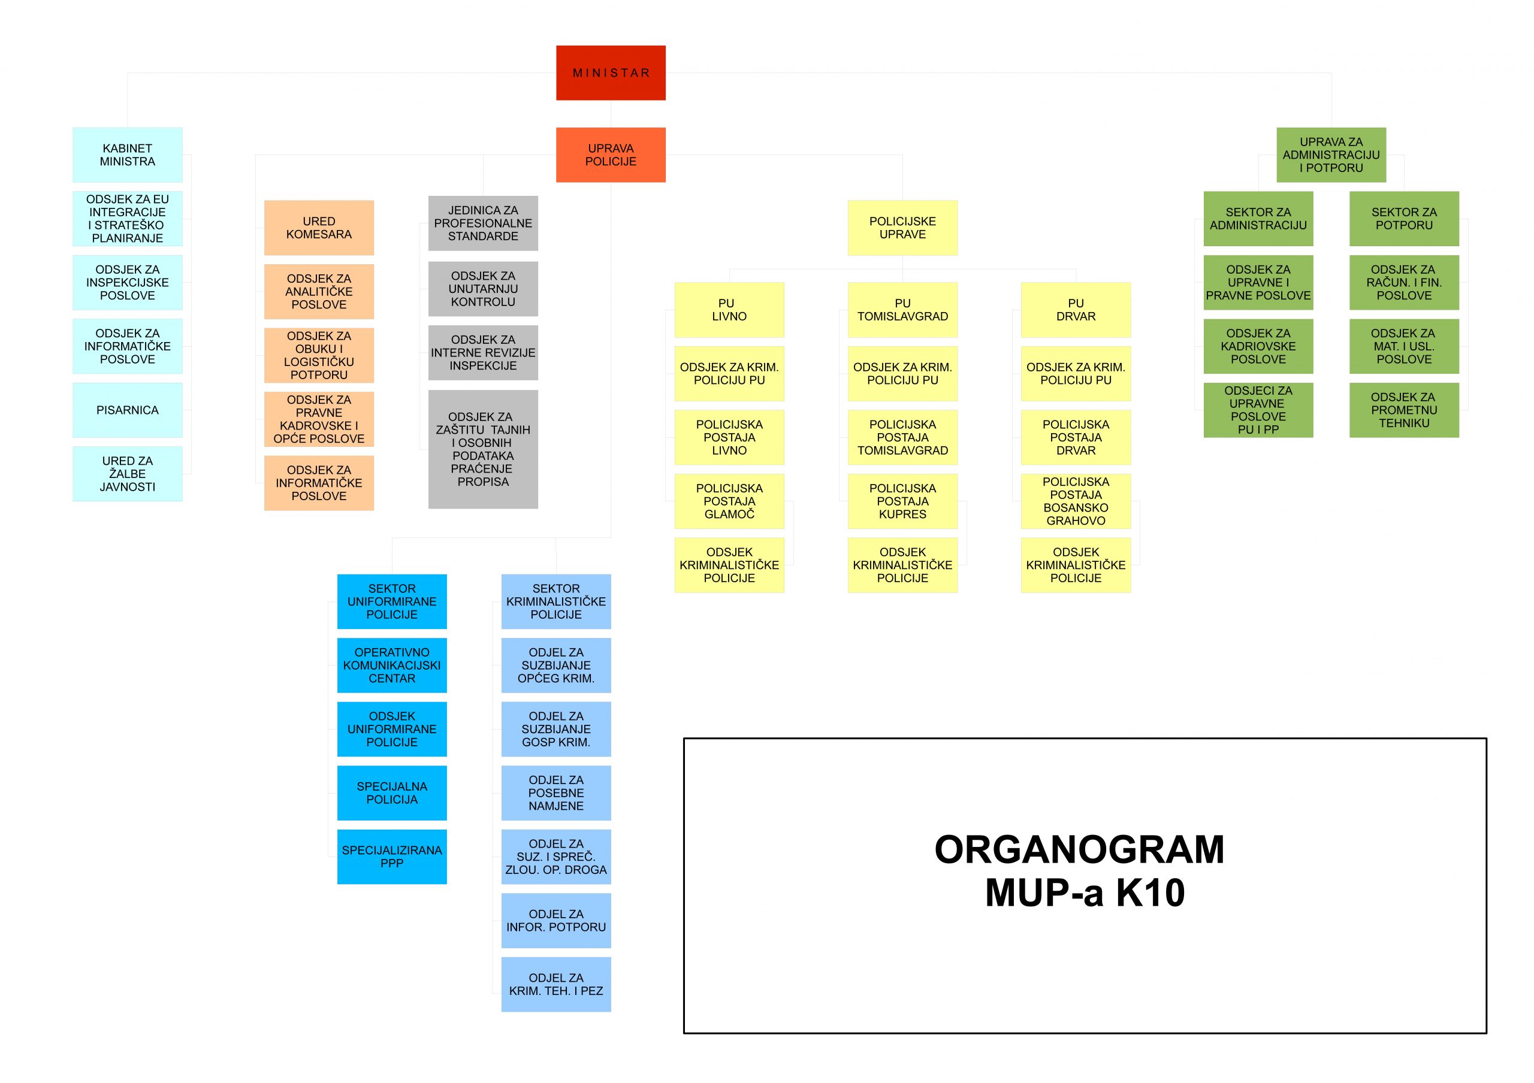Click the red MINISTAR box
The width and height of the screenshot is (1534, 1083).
click(611, 72)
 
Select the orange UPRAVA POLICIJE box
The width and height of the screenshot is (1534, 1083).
click(611, 155)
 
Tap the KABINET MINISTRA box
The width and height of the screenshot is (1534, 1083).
click(127, 155)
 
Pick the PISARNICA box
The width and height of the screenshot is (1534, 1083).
click(127, 410)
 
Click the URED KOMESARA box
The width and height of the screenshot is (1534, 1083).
click(319, 228)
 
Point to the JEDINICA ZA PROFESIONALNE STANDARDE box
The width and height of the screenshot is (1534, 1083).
click(482, 223)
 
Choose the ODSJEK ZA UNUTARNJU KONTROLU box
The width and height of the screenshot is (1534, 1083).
click(482, 289)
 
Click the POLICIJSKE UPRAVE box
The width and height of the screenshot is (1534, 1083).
click(902, 228)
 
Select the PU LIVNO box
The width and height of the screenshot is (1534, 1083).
click(729, 310)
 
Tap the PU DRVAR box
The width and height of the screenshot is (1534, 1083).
click(1075, 310)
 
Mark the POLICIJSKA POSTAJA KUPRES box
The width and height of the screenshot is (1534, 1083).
click(902, 501)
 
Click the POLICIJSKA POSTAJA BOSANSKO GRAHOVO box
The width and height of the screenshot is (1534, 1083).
click(1075, 501)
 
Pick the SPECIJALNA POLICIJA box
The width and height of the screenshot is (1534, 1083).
click(391, 792)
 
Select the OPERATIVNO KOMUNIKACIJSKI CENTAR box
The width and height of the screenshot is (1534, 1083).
click(391, 665)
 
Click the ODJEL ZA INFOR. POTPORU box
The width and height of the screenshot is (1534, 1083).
click(556, 920)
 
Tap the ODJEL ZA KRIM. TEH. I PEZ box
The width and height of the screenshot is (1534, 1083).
click(556, 984)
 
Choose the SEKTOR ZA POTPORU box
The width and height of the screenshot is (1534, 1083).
click(1404, 218)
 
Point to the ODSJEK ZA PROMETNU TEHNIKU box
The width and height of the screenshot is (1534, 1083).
click(1404, 410)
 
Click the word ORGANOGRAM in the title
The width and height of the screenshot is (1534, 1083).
click(1079, 849)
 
